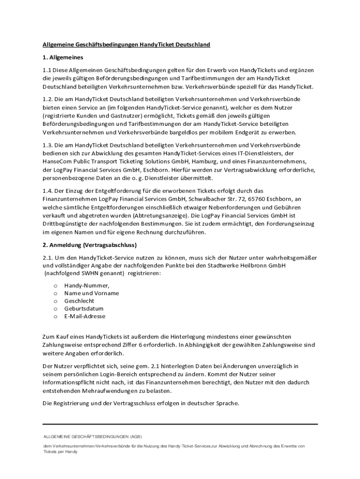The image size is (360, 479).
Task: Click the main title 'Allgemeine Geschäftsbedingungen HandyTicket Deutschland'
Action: pos(126,44)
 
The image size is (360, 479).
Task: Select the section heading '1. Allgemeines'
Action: pos(63,58)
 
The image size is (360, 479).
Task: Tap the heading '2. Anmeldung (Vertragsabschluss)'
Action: pos(89,245)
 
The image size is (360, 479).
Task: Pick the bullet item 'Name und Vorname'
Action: pos(91,293)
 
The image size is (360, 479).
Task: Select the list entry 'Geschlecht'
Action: pos(79,301)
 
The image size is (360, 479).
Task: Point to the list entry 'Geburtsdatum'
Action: pos(84,308)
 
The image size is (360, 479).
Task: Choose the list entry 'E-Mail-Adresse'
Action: pos(85,316)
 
